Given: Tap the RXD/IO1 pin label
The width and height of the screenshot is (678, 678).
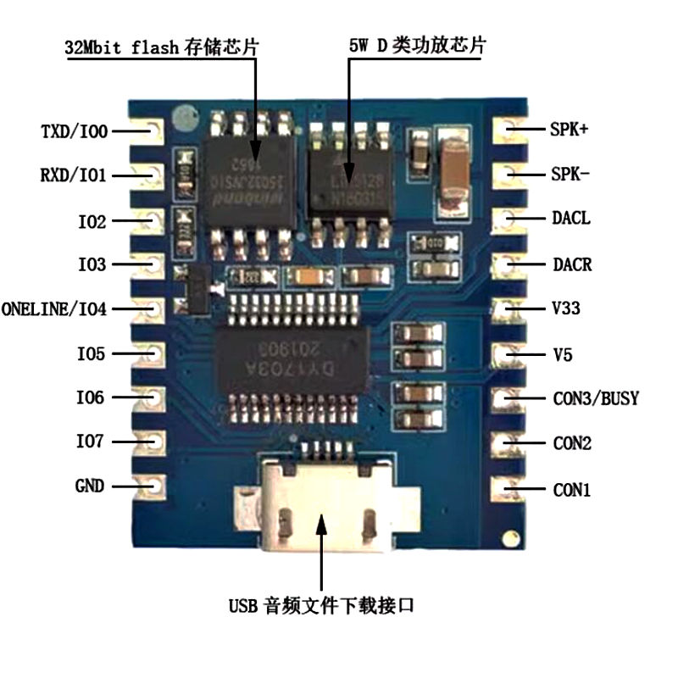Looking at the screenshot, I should coord(73,175).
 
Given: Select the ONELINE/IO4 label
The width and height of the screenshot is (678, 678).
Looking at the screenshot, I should coord(54,309).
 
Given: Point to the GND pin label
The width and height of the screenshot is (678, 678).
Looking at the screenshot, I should coord(90,486).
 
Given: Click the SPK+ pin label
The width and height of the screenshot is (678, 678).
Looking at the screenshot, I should coord(570,131).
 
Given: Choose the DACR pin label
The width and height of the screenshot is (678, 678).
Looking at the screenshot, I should coord(572,265).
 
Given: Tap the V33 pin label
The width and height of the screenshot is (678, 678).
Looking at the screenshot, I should coord(566,309).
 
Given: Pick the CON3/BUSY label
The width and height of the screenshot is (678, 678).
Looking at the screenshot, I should coord(596,398).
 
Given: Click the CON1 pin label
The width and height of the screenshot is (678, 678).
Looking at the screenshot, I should coord(572,490).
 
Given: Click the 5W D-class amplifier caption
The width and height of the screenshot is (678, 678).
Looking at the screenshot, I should coord(418,46).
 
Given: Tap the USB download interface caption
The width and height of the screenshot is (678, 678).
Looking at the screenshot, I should coord(321,606).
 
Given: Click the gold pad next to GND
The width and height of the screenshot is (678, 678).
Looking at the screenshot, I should coord(154,486).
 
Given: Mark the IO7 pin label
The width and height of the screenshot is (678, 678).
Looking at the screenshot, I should coord(91,442).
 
